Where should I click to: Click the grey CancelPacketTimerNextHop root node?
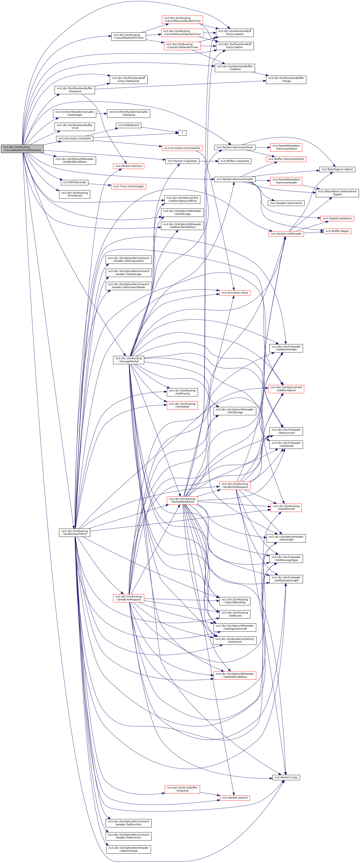(x=22, y=148)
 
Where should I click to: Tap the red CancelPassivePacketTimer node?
(x=182, y=20)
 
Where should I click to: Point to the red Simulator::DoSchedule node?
(x=182, y=148)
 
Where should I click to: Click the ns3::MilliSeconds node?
(x=74, y=182)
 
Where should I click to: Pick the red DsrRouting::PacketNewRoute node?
(x=182, y=500)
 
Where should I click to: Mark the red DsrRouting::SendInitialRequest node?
(x=235, y=485)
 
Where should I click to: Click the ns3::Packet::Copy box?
(x=286, y=777)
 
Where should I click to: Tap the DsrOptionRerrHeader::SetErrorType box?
(x=129, y=849)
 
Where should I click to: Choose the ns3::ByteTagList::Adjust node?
(x=337, y=169)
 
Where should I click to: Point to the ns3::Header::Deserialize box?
(x=286, y=203)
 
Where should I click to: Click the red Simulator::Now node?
(x=235, y=293)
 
